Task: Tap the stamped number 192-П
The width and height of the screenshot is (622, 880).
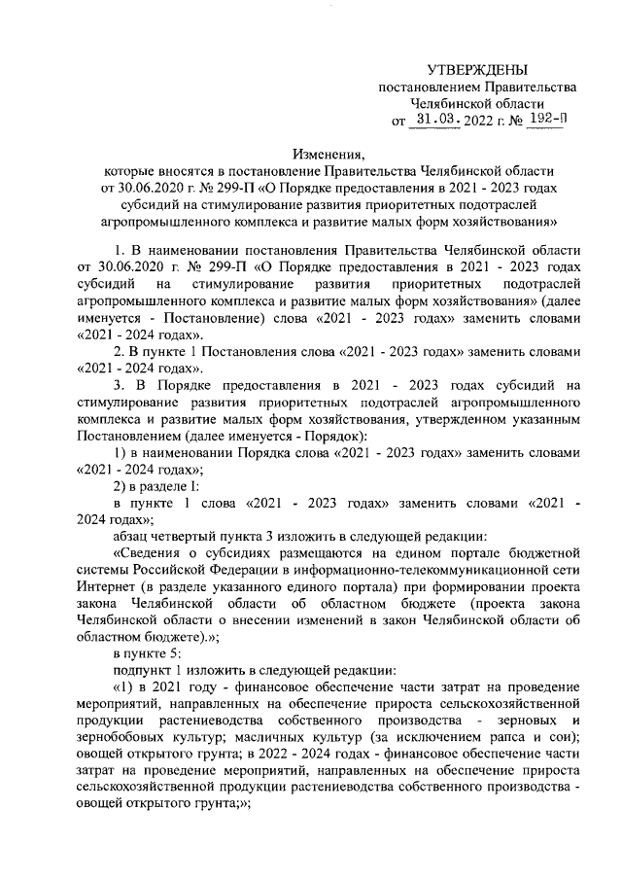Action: [x=544, y=121]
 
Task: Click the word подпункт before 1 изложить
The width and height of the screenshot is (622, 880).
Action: [x=146, y=669]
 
